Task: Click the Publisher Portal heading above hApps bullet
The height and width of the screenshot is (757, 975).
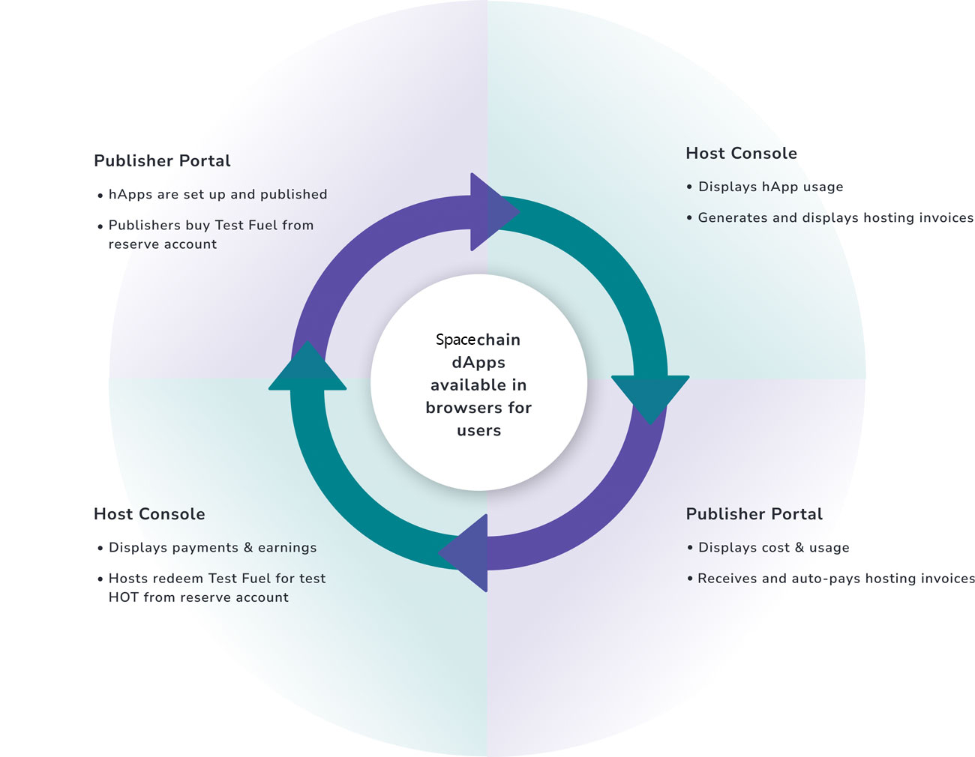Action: [162, 161]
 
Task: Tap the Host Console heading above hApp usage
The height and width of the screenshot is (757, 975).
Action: [741, 154]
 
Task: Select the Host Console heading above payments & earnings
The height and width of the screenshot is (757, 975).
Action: [149, 514]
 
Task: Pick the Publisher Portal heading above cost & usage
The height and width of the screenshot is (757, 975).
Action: [754, 514]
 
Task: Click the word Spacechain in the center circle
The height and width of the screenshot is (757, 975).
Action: [478, 340]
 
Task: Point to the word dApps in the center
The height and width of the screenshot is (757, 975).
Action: [478, 363]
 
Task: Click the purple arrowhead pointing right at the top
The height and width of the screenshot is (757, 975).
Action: [491, 212]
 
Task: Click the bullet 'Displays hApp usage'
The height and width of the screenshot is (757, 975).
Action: [770, 187]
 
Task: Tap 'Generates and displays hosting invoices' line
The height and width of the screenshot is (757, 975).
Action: [835, 218]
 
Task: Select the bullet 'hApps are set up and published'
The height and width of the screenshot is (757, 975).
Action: [217, 195]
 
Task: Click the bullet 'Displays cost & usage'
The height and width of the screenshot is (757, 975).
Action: [773, 548]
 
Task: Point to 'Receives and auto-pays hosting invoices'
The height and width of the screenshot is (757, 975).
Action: [835, 579]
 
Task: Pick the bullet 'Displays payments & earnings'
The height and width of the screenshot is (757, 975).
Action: [212, 548]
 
